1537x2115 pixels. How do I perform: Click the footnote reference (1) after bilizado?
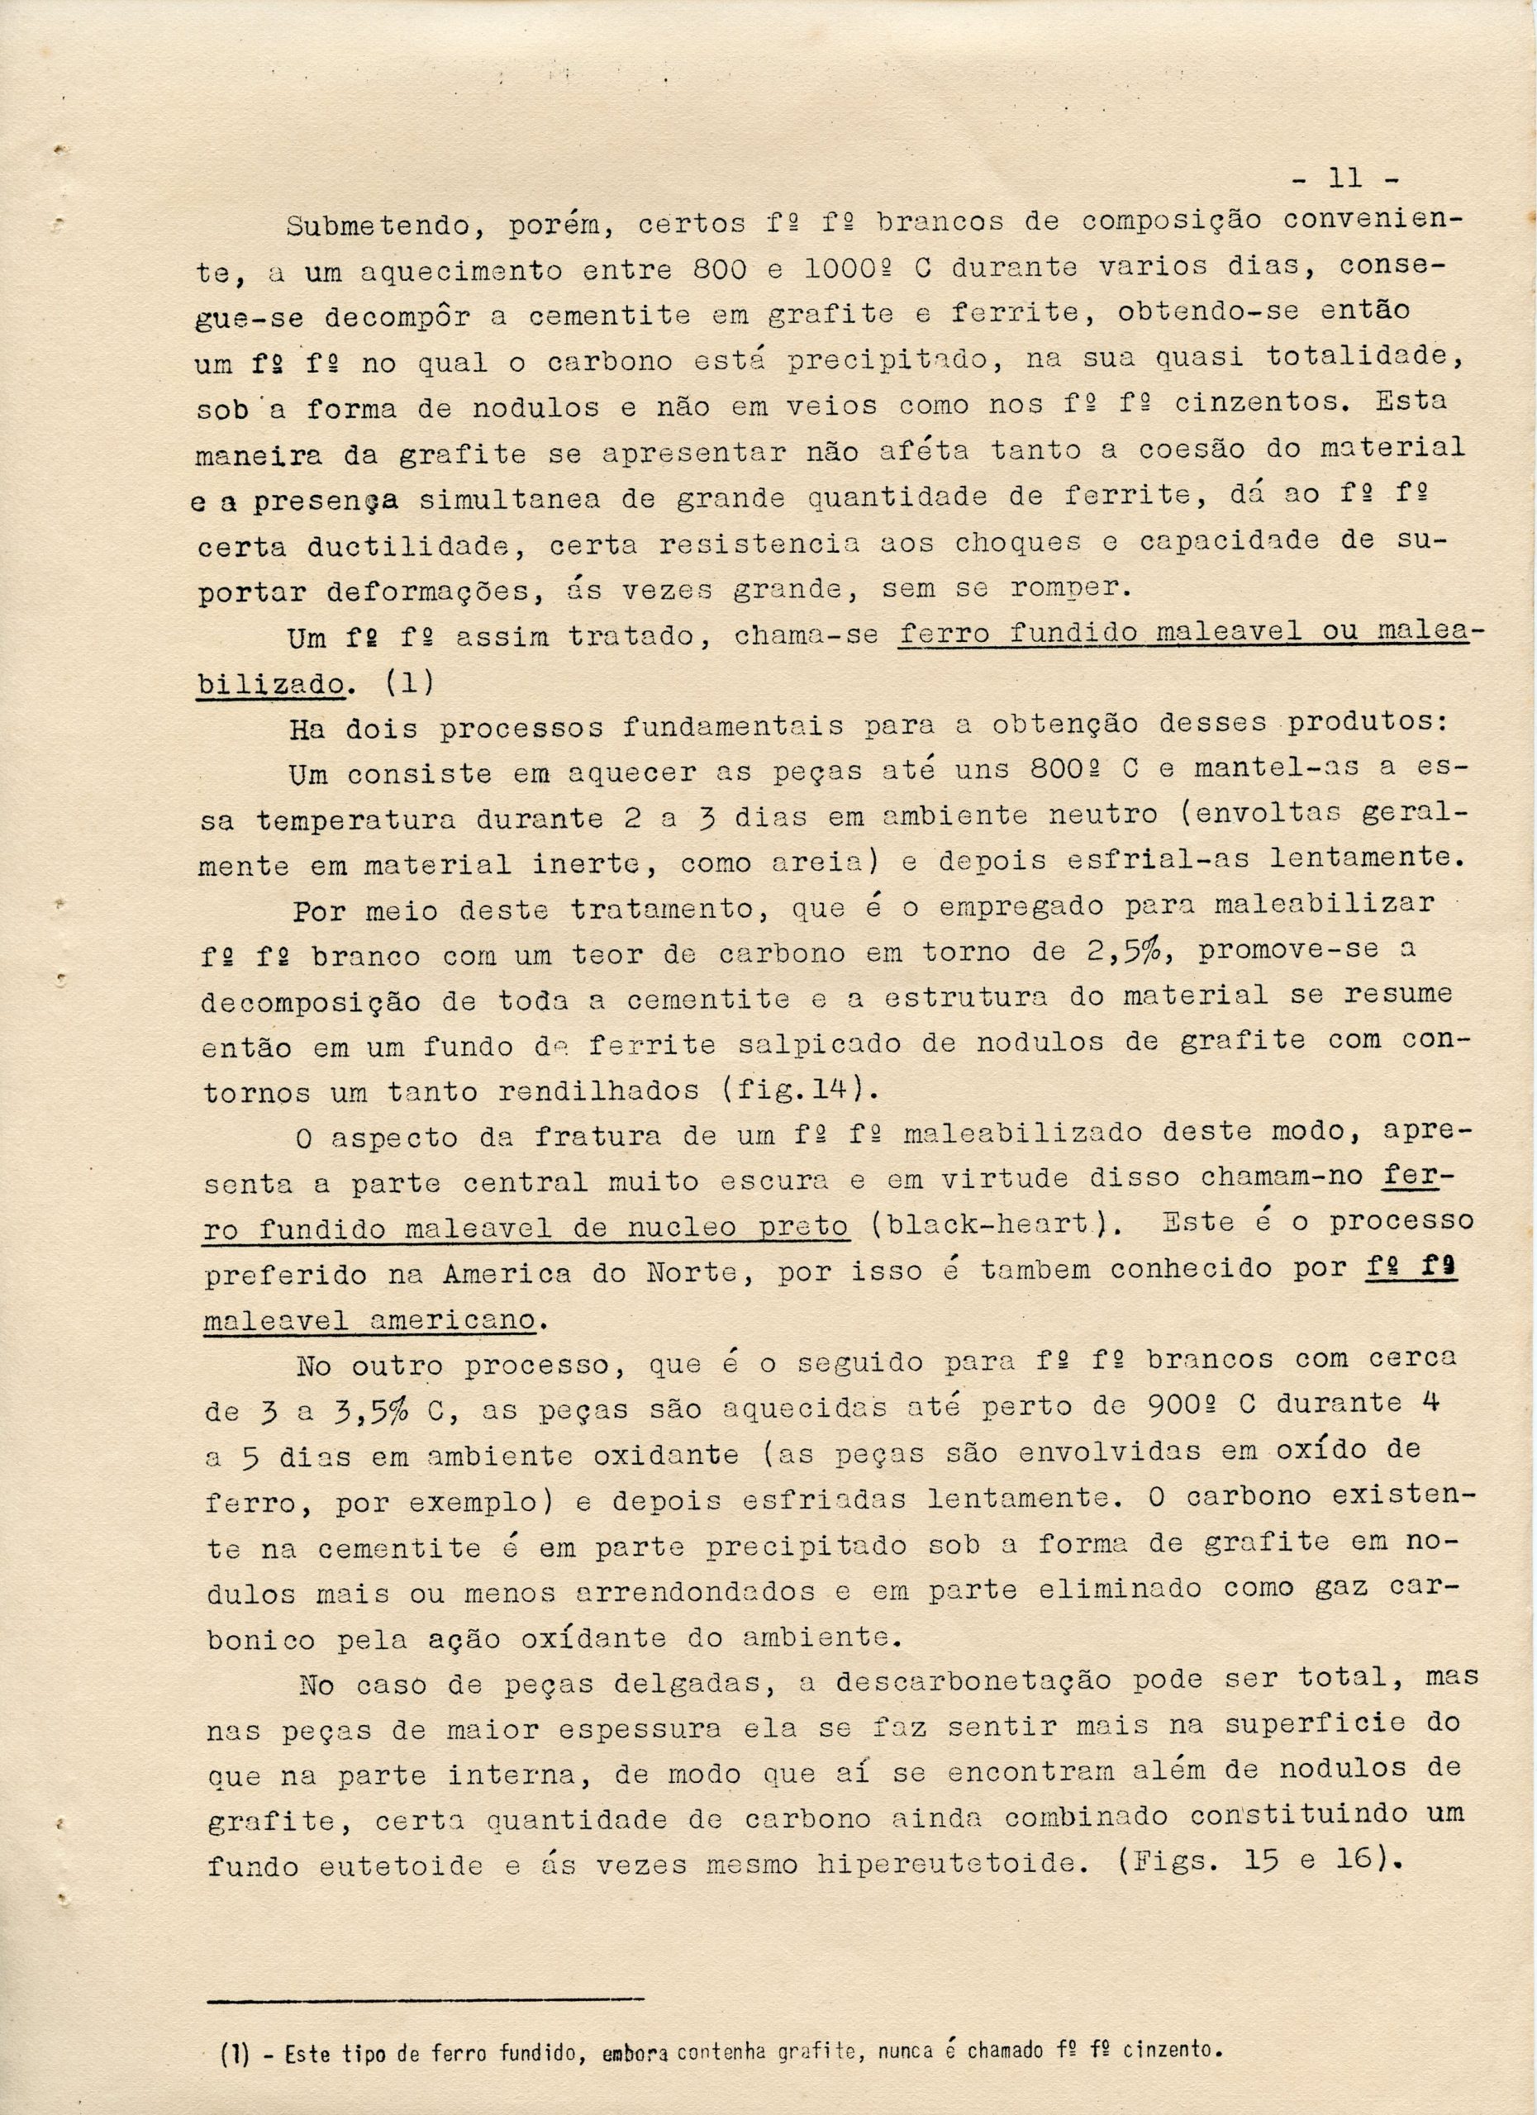point(407,682)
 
